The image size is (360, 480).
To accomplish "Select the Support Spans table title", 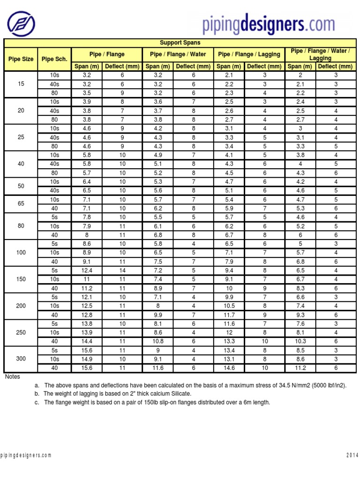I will click(180, 43).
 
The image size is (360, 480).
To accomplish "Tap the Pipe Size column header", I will click(21, 59).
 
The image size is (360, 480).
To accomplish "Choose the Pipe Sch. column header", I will click(54, 59).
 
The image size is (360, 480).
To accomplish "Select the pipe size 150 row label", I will click(21, 279).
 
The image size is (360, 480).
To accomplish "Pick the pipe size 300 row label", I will click(21, 359).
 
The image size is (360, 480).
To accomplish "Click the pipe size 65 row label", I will click(21, 204).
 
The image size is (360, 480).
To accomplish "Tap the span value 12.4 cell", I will click(87, 270).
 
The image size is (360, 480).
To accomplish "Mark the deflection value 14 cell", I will click(122, 270).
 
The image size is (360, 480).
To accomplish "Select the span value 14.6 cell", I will click(230, 368).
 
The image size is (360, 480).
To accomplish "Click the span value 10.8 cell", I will click(159, 341).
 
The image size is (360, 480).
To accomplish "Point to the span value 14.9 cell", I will click(87, 360).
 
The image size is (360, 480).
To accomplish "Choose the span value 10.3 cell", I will click(300, 341).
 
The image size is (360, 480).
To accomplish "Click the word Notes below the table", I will click(13, 376).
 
